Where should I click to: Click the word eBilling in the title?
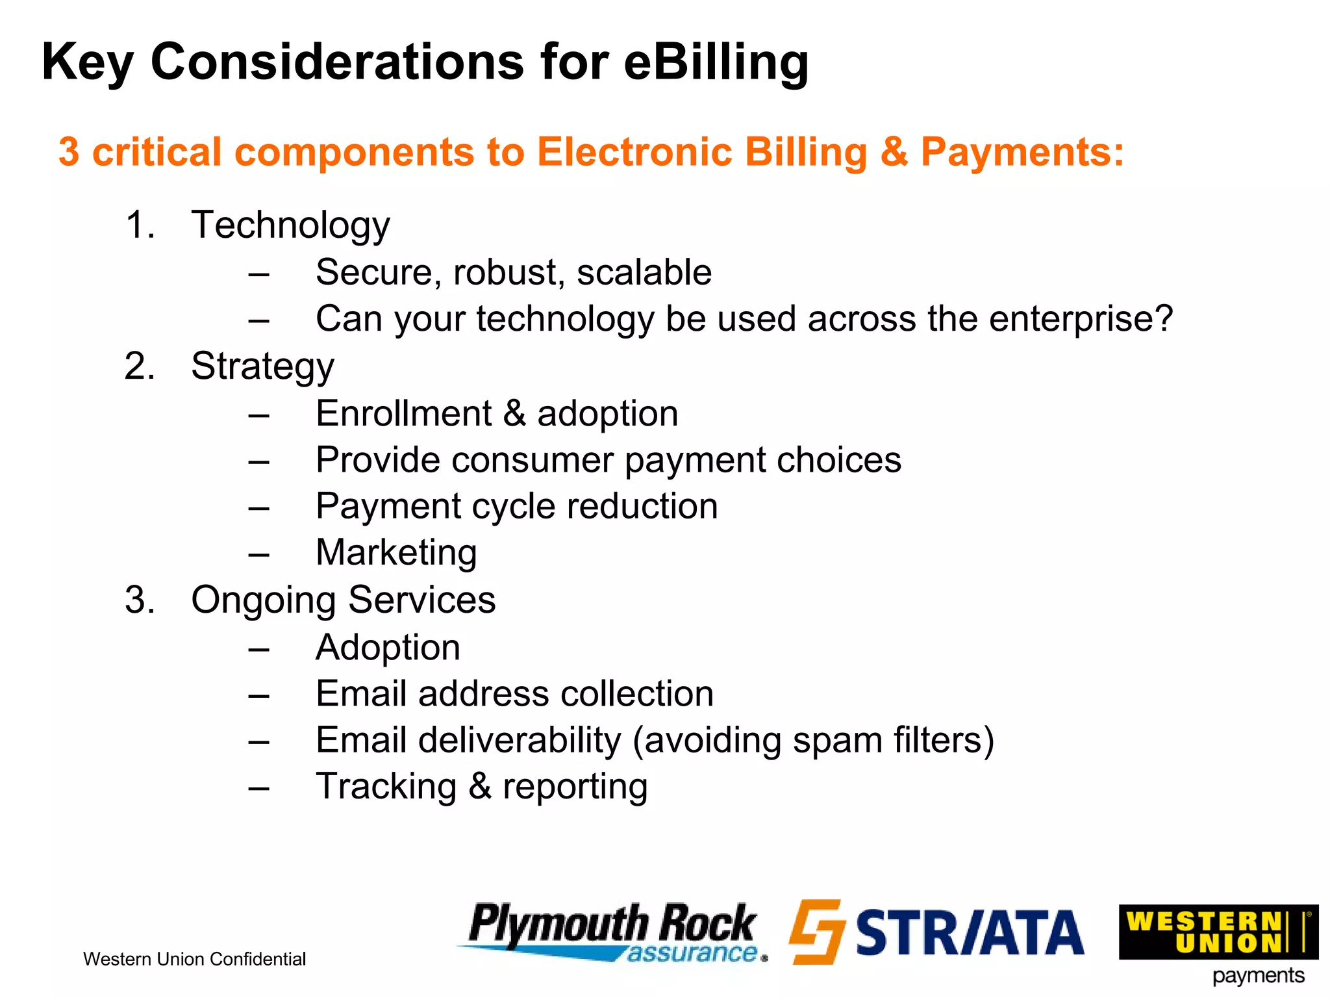(x=716, y=62)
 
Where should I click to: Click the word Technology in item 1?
(x=290, y=225)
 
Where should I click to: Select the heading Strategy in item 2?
(x=262, y=366)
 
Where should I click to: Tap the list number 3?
(x=139, y=600)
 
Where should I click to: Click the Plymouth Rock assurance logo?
(x=612, y=932)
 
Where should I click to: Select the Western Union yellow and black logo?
(x=1218, y=932)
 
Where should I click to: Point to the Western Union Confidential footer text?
(x=194, y=959)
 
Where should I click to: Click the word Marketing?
(x=396, y=553)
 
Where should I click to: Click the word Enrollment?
(x=403, y=414)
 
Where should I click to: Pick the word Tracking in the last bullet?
(x=386, y=787)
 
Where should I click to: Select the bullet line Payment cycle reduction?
(x=516, y=506)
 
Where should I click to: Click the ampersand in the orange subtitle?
(x=894, y=152)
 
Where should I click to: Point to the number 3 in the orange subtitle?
(x=69, y=152)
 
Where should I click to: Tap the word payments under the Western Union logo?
(x=1258, y=976)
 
